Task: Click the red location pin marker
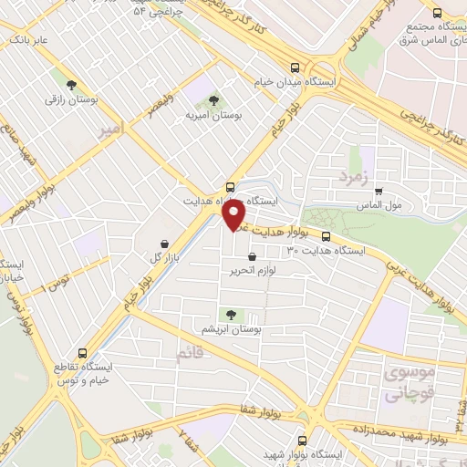(x=234, y=213)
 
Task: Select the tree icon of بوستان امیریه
(x=213, y=100)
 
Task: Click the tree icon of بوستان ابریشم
(x=230, y=314)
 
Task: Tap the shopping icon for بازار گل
(x=162, y=244)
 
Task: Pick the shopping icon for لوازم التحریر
(x=265, y=257)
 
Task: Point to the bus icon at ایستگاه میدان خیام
(x=294, y=67)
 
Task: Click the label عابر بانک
(x=29, y=40)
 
